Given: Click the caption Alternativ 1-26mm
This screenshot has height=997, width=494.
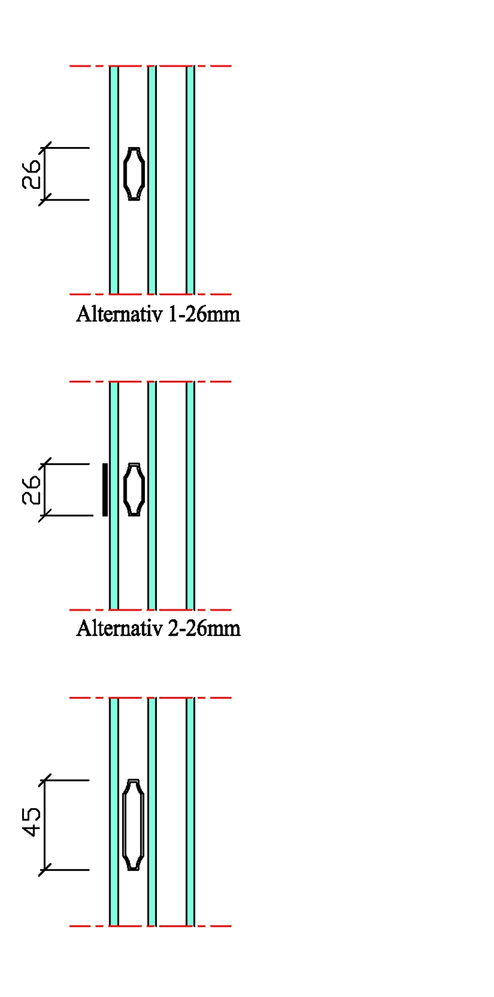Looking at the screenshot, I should click(157, 314).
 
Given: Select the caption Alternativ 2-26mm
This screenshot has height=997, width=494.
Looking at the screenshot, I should click(158, 628).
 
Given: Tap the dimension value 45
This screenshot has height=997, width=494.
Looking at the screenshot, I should click(32, 822).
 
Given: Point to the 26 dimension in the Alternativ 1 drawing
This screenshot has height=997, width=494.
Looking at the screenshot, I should click(32, 174).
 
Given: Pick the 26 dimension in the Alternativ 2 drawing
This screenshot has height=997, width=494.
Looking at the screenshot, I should click(32, 490).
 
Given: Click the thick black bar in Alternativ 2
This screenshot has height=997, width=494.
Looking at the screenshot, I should click(105, 490).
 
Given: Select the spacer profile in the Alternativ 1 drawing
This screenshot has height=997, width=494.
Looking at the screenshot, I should click(134, 174).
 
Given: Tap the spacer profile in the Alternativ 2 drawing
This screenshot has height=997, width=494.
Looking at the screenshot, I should click(134, 490).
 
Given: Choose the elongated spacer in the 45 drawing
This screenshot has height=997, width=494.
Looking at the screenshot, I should click(133, 825).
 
